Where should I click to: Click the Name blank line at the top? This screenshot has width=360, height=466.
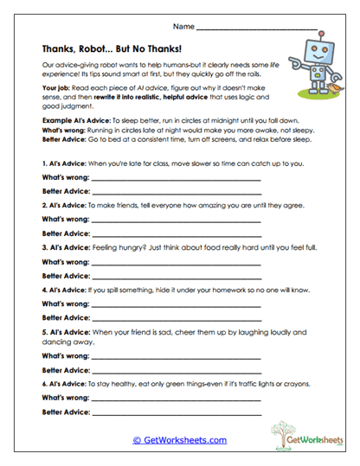tap(260, 29)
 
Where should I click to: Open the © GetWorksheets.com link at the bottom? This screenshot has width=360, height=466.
tap(180, 440)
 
